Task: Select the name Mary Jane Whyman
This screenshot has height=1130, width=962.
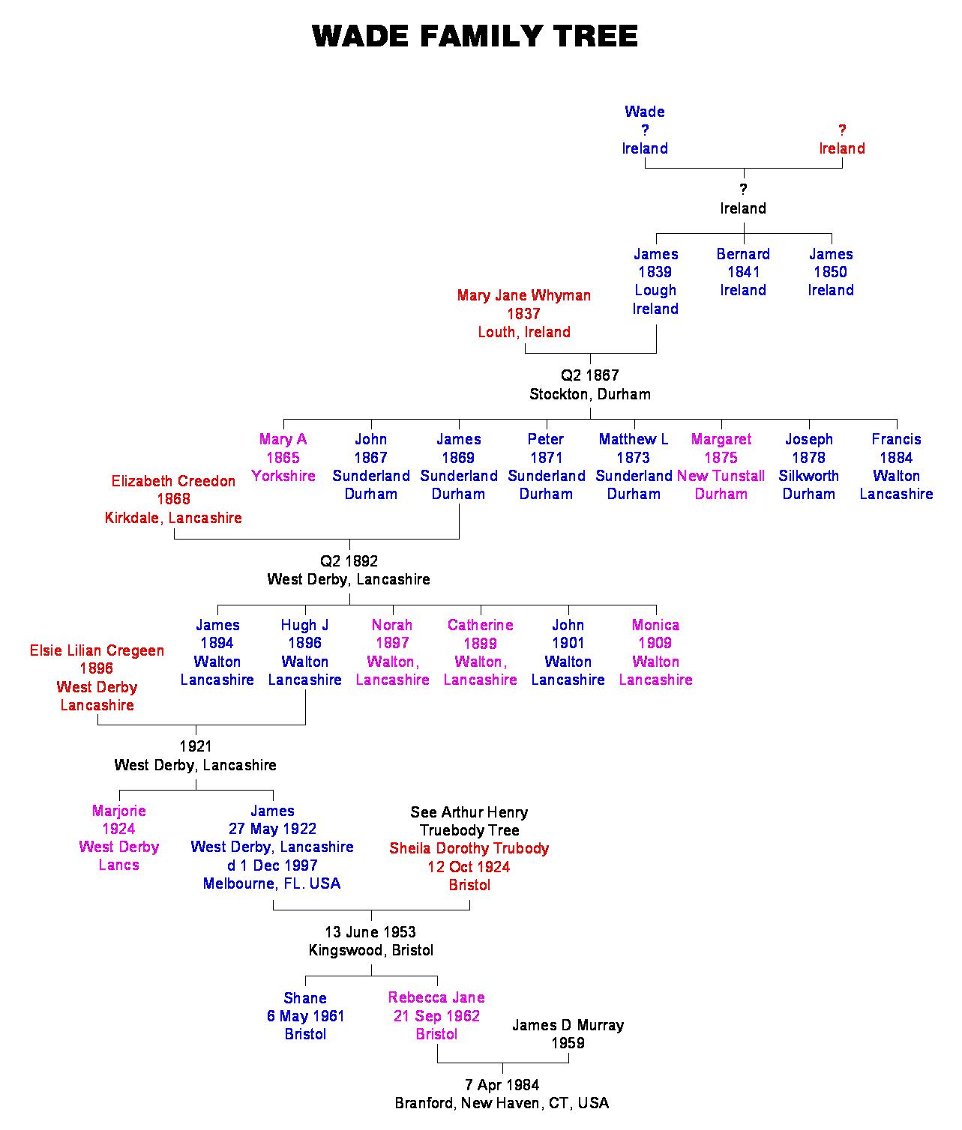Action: coord(523,295)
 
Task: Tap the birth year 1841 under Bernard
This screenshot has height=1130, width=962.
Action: coord(743,272)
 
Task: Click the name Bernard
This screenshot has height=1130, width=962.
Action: coord(743,254)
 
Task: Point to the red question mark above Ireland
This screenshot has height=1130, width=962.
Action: coord(842,130)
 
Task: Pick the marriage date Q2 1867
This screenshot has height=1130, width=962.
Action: coord(590,375)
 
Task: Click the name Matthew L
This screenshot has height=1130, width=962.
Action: coord(634,439)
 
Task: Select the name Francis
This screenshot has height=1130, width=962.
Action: coord(896,439)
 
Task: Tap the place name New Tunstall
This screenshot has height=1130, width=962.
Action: coord(721,476)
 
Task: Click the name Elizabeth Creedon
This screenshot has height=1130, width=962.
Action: coord(173,481)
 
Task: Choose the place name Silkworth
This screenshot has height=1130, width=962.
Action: coord(808,476)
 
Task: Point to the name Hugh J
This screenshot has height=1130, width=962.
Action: coord(304,625)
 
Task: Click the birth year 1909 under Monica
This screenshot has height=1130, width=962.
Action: coord(655,643)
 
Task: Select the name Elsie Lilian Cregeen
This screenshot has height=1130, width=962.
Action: coord(97,650)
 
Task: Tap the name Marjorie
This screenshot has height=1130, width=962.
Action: coord(118,811)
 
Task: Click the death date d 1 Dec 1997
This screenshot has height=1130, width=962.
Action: coord(272,865)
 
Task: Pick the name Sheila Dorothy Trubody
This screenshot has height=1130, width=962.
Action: coord(469,848)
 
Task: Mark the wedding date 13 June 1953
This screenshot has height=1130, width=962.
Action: coord(370,932)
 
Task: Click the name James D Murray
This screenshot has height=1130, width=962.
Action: coord(568,1025)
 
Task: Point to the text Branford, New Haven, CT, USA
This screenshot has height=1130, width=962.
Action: coord(502,1103)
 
